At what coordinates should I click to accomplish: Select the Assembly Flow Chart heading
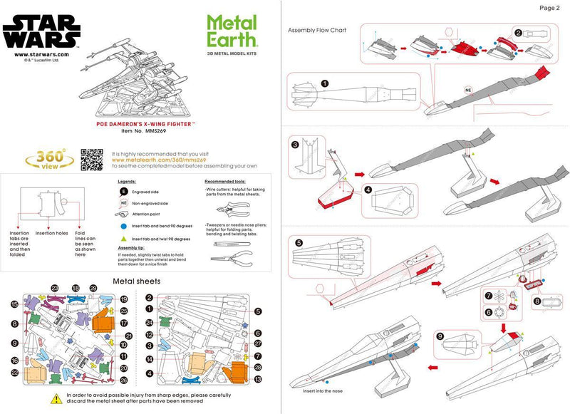click(317, 31)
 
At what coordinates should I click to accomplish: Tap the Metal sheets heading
click(137, 281)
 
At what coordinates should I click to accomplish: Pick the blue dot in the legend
click(123, 224)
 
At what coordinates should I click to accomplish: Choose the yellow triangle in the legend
click(123, 238)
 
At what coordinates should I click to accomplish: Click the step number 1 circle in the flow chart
click(325, 83)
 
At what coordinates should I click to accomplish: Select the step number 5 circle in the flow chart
click(299, 242)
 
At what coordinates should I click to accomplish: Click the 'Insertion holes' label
click(51, 233)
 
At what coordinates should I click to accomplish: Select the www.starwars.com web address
click(40, 54)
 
